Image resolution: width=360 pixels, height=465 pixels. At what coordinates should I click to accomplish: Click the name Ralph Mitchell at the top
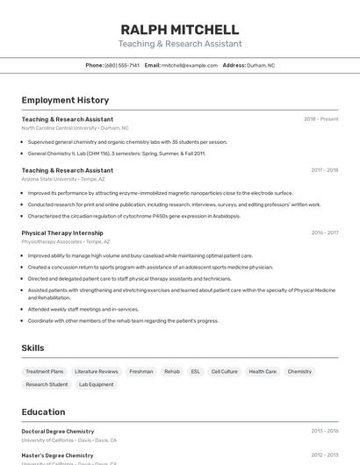[x=180, y=30]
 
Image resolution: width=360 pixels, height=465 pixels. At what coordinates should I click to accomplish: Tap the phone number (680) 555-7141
[x=122, y=65]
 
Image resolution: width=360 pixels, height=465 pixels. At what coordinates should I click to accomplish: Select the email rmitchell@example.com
[x=190, y=65]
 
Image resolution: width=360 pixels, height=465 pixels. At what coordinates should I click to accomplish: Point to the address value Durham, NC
[x=261, y=65]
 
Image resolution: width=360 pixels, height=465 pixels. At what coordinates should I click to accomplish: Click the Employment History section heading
[x=65, y=100]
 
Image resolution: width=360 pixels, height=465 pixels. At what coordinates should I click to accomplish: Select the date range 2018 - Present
[x=321, y=119]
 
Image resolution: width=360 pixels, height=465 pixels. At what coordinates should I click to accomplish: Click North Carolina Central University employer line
[x=75, y=128]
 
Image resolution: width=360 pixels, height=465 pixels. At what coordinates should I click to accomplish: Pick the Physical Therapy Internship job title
[x=62, y=232]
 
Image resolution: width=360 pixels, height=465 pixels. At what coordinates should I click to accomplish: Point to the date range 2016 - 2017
[x=324, y=232]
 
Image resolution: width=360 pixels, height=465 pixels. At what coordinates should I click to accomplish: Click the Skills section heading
[x=32, y=348]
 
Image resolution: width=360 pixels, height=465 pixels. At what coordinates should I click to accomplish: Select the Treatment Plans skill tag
[x=45, y=372]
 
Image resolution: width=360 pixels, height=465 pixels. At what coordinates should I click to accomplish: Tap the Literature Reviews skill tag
[x=97, y=372]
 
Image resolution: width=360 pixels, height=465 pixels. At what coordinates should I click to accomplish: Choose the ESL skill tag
[x=195, y=372]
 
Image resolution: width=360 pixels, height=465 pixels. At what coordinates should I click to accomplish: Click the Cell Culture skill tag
[x=225, y=372]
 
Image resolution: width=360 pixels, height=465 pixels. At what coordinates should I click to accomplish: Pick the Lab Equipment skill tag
[x=97, y=384]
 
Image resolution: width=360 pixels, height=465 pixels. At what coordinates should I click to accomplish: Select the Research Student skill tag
[x=47, y=384]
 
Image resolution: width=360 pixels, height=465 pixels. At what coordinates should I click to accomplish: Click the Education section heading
[x=43, y=411]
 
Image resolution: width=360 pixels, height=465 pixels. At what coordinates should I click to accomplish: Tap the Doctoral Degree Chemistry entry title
[x=58, y=432]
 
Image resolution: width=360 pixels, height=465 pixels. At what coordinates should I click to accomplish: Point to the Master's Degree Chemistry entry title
[x=57, y=455]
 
